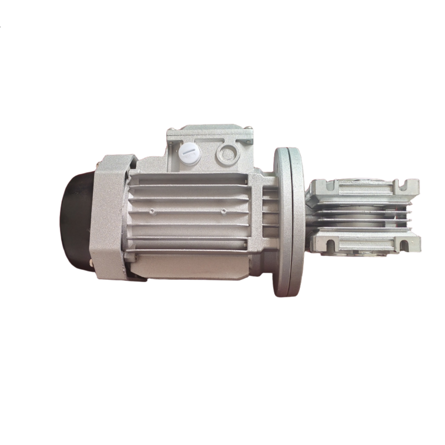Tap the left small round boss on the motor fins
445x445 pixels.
point(153,211)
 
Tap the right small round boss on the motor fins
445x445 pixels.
point(223,211)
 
